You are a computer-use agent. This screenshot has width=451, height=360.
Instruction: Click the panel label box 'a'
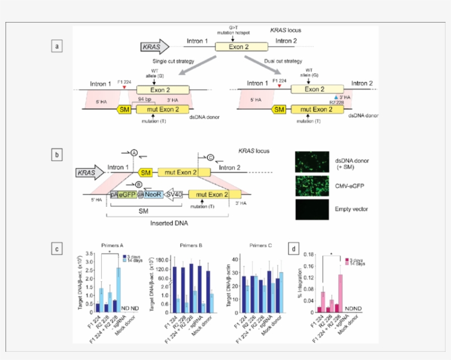(56, 46)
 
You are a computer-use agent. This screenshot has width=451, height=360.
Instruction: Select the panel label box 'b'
(56, 155)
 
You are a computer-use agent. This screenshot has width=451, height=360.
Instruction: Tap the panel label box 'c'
(56, 249)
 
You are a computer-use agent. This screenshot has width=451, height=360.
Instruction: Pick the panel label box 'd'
(295, 249)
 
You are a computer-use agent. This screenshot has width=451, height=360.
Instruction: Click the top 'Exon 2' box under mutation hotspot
(239, 47)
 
